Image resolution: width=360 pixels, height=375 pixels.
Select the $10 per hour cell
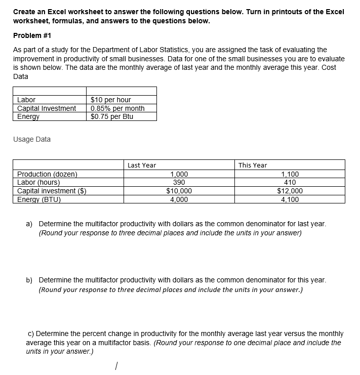[x=110, y=100]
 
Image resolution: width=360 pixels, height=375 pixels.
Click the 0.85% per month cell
[x=117, y=108]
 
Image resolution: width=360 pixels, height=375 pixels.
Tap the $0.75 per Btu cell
[x=112, y=116]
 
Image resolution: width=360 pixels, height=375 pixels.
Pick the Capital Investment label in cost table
[x=47, y=108]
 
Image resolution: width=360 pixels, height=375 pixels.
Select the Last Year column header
[x=142, y=165]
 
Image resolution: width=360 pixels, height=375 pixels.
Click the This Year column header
[x=252, y=165]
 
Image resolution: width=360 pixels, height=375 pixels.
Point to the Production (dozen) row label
[x=48, y=174]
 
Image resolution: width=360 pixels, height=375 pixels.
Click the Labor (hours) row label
[x=39, y=183]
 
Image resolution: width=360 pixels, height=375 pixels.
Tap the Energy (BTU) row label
[x=39, y=199]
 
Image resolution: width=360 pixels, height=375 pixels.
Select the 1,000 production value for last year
[x=179, y=174]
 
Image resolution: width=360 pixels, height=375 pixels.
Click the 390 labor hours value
[x=179, y=183]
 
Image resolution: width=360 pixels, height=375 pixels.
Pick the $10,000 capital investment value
[x=179, y=191]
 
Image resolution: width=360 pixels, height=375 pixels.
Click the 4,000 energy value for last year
[x=179, y=199]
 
